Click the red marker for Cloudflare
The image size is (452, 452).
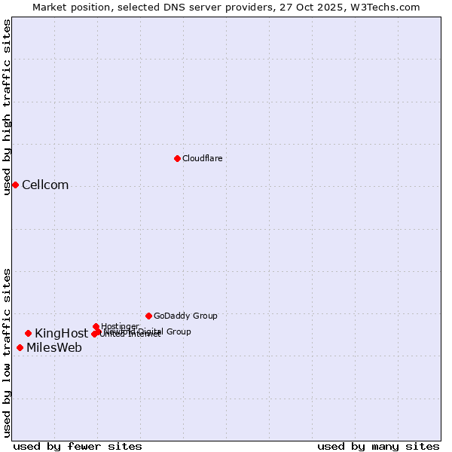pyautogui.click(x=177, y=158)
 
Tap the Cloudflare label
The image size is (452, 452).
pyautogui.click(x=202, y=158)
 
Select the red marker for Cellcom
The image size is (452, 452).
pyautogui.click(x=15, y=185)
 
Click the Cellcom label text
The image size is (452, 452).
pyautogui.click(x=45, y=185)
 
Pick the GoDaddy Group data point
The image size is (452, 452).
pyautogui.click(x=148, y=316)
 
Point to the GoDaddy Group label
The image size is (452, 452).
pyautogui.click(x=185, y=316)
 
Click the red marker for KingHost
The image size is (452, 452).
pyautogui.click(x=28, y=333)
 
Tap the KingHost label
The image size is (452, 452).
pyautogui.click(x=61, y=334)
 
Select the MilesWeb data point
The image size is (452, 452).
pyautogui.click(x=20, y=347)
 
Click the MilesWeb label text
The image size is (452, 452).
pyautogui.click(x=54, y=348)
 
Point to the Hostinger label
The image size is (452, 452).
pyautogui.click(x=121, y=326)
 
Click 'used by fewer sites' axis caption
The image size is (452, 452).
pyautogui.click(x=78, y=446)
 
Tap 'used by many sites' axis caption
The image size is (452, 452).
pyautogui.click(x=378, y=446)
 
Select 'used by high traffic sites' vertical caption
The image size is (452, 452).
pyautogui.click(x=7, y=107)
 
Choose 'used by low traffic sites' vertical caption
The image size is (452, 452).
pyautogui.click(x=7, y=353)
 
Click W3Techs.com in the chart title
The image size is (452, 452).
pyautogui.click(x=388, y=7)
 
